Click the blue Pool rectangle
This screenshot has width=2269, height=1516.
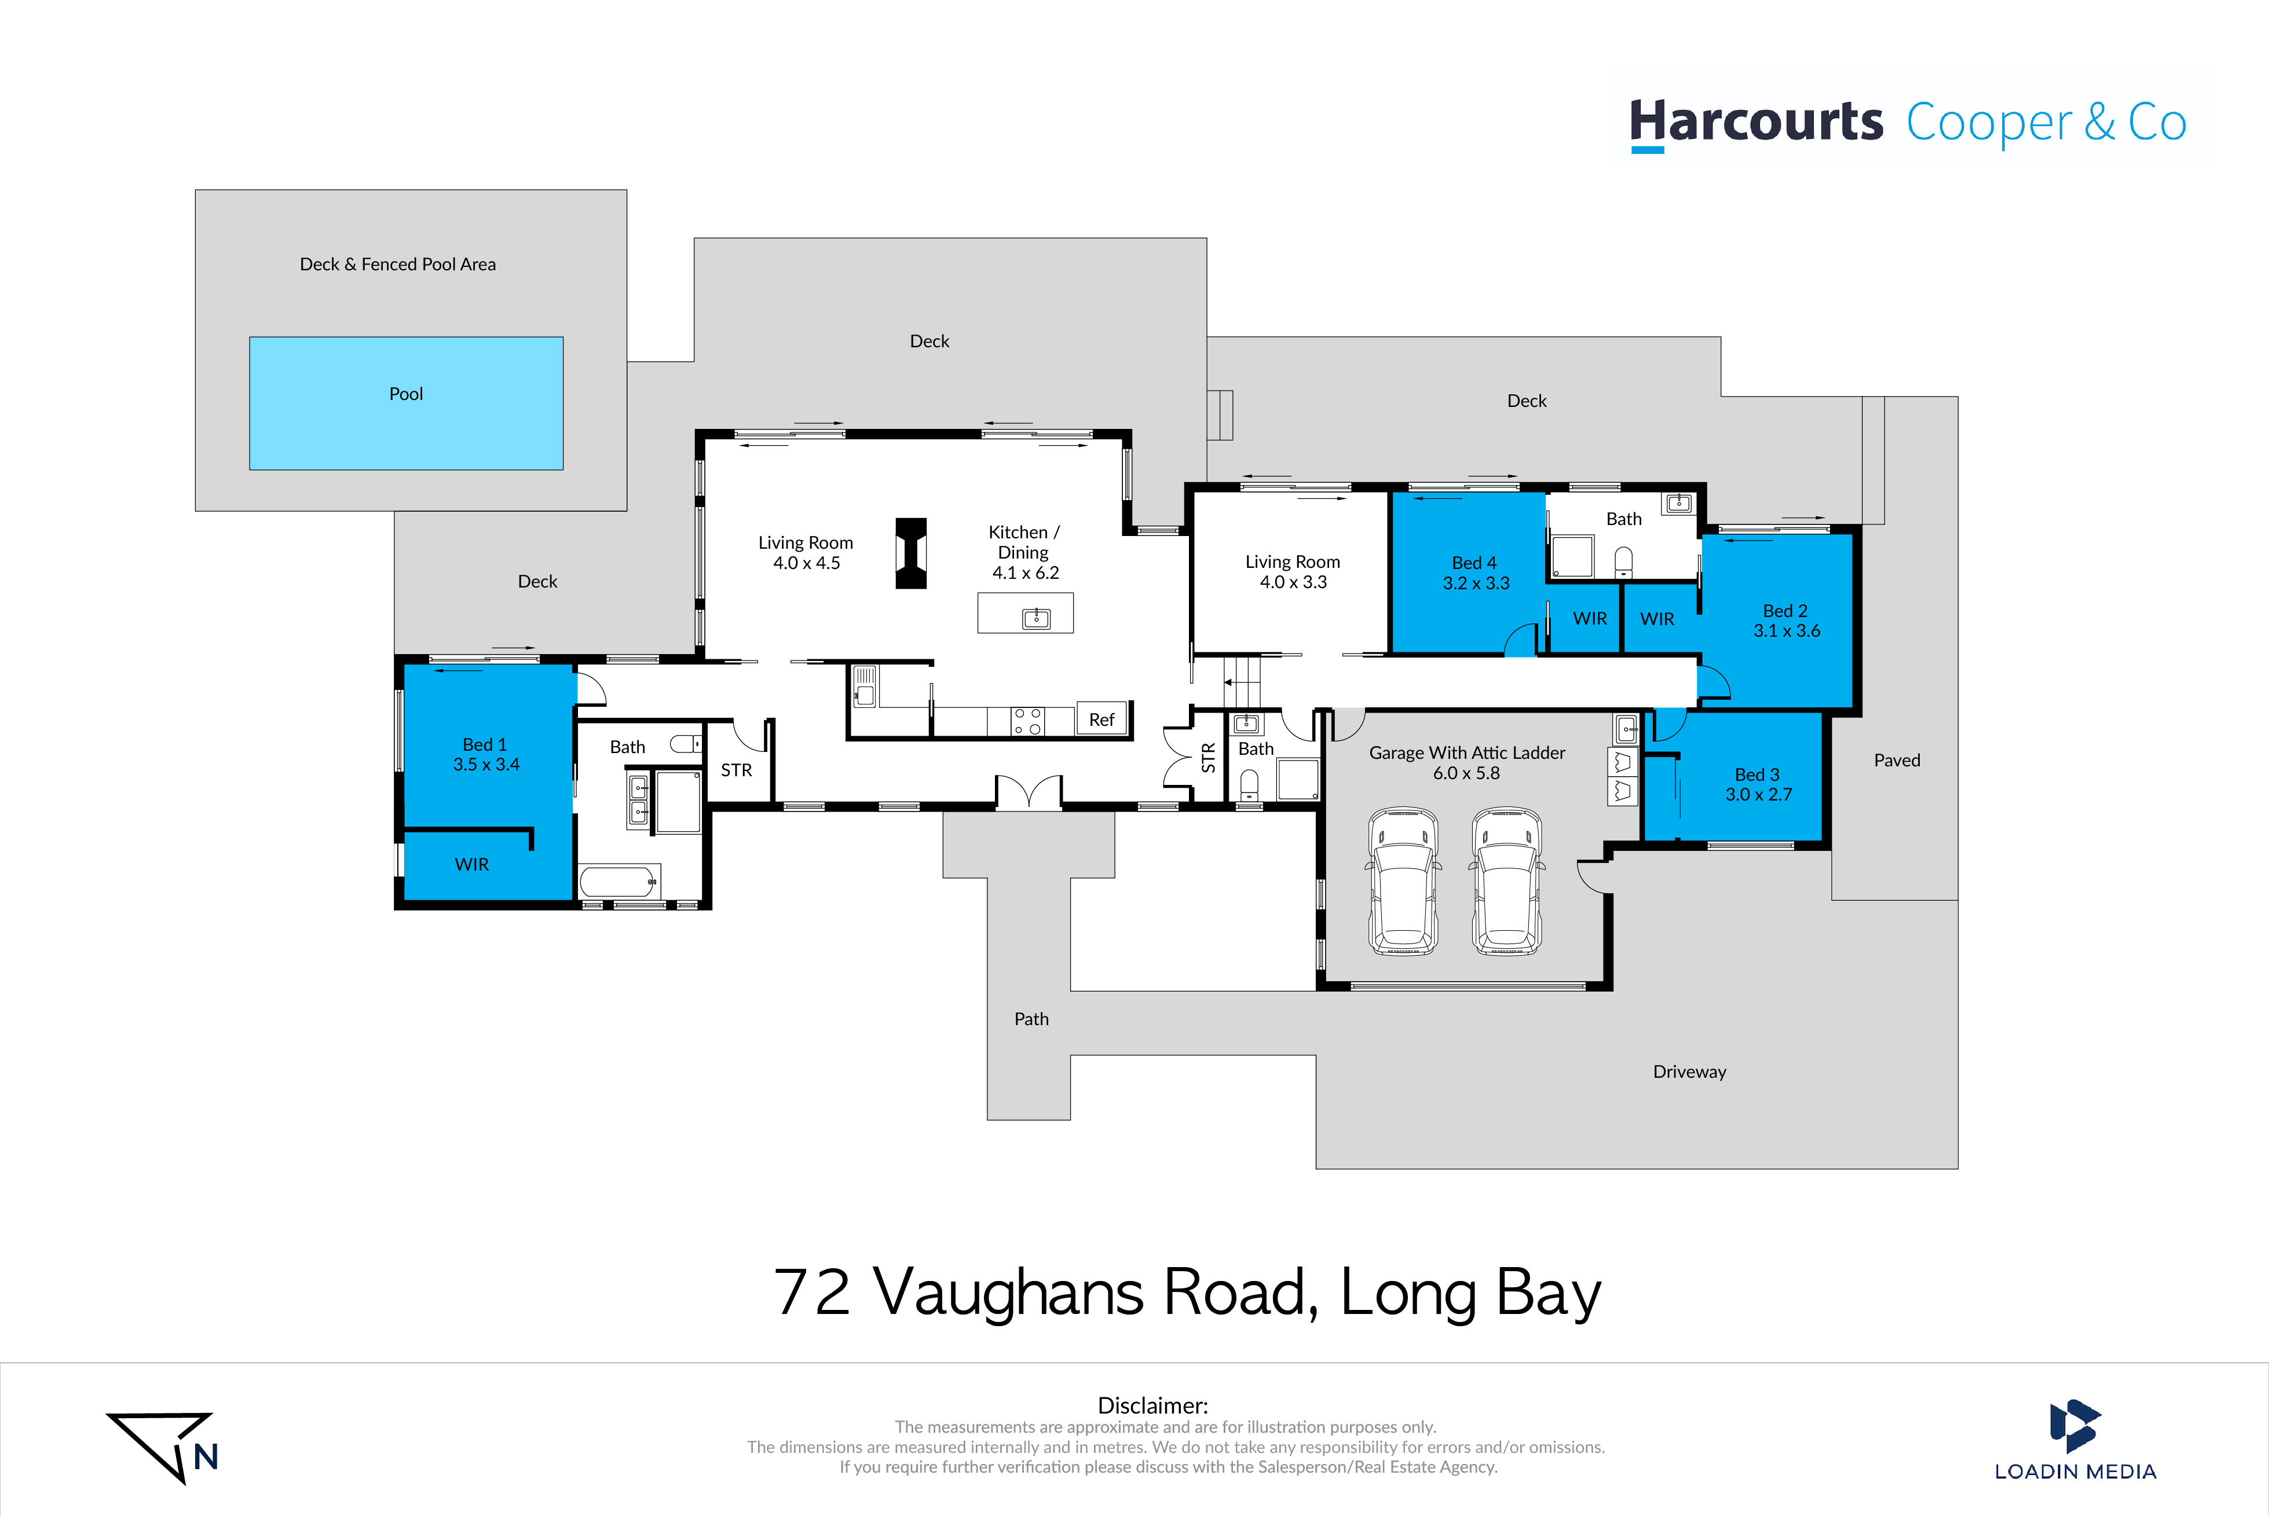406,403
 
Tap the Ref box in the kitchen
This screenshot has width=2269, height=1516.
1101,720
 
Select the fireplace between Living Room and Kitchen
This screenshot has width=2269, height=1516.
911,553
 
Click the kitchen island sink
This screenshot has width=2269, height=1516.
1036,618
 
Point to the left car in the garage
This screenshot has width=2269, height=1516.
1403,881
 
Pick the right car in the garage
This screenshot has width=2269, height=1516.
1506,881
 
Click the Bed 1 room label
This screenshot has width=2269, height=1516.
485,744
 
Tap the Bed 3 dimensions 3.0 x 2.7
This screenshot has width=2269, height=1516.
1758,795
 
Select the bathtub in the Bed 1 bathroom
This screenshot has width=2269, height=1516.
619,882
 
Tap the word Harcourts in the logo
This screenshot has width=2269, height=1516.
1755,123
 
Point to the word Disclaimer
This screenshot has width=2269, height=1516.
1152,1405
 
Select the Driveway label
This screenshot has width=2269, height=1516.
1689,1071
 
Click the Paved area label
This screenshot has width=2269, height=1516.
1897,760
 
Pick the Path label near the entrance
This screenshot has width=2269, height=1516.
1031,1019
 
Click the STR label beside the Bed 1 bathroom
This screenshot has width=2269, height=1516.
736,770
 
